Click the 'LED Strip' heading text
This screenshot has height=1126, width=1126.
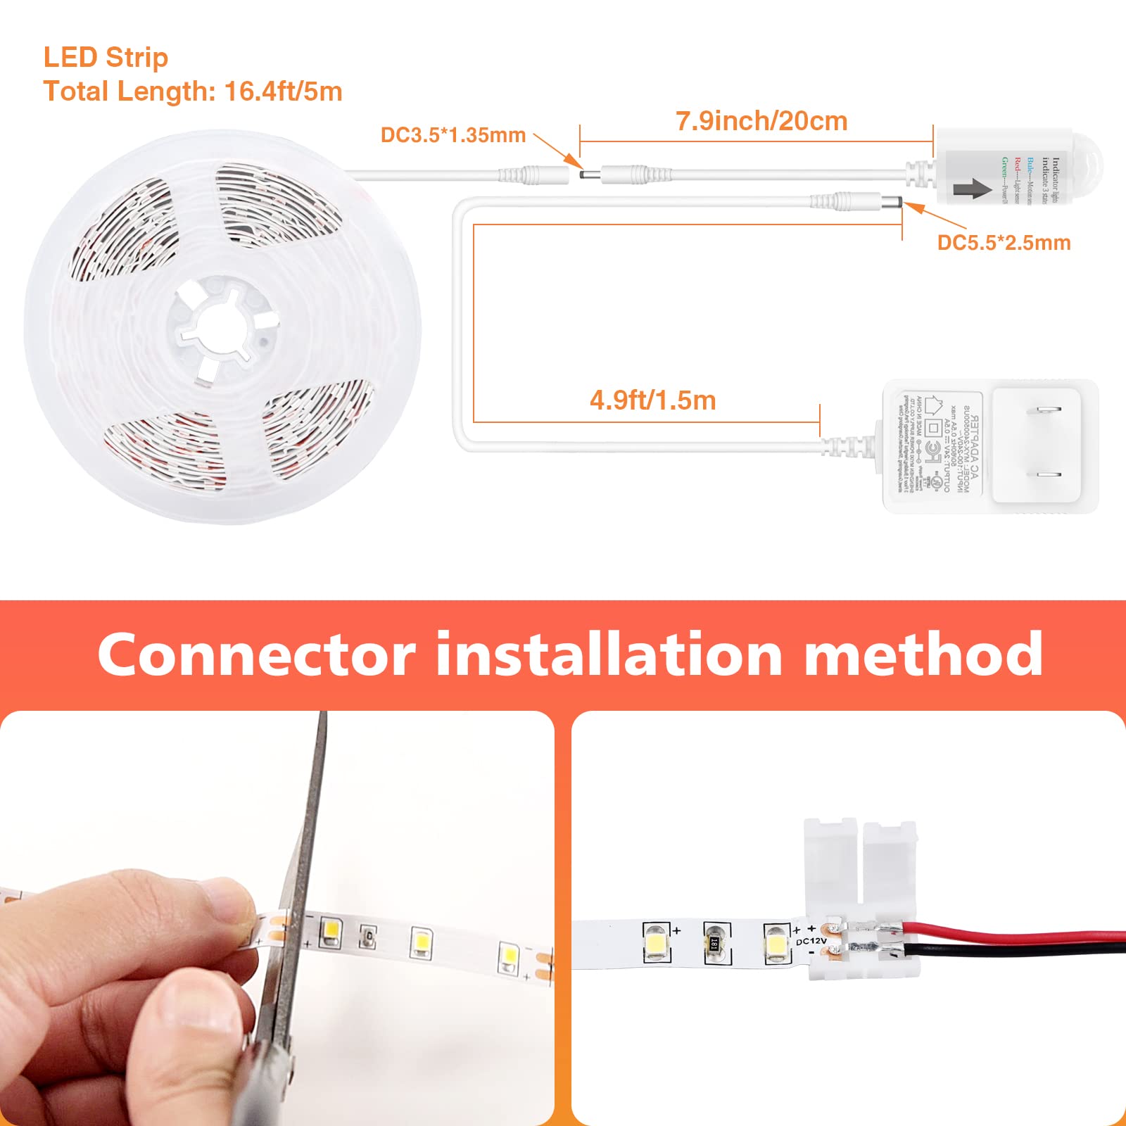click(106, 58)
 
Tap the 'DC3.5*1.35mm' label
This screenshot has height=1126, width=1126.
click(453, 135)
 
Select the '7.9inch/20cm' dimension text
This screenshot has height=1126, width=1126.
click(761, 121)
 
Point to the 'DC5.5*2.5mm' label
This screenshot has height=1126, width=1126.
click(1004, 243)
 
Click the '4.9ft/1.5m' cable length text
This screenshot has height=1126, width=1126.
click(652, 400)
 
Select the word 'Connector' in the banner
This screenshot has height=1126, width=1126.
click(256, 654)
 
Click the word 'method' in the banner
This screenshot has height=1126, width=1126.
click(923, 654)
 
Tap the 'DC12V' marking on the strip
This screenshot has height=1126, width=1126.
click(811, 941)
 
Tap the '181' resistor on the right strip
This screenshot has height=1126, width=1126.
click(715, 942)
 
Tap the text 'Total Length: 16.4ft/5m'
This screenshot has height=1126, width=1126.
click(193, 92)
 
